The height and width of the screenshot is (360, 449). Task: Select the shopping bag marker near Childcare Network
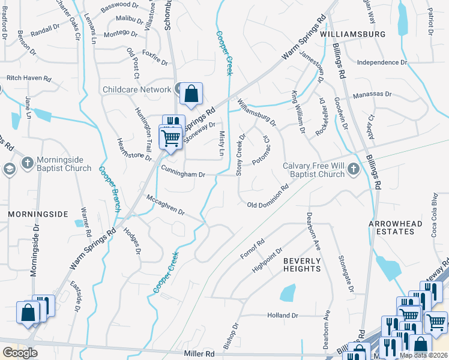point(191,94)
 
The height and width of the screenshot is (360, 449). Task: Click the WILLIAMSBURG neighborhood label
point(353,34)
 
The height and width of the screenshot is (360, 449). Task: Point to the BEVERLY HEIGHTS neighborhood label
point(302,265)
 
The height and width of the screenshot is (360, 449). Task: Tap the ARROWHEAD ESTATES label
point(396,228)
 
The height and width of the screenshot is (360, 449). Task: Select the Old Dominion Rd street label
point(268,205)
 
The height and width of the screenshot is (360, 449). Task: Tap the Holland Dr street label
point(283,316)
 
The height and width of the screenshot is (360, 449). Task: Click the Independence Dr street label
point(382,62)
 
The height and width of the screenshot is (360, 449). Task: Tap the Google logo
point(20,353)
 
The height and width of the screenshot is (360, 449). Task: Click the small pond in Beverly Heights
point(288,293)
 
